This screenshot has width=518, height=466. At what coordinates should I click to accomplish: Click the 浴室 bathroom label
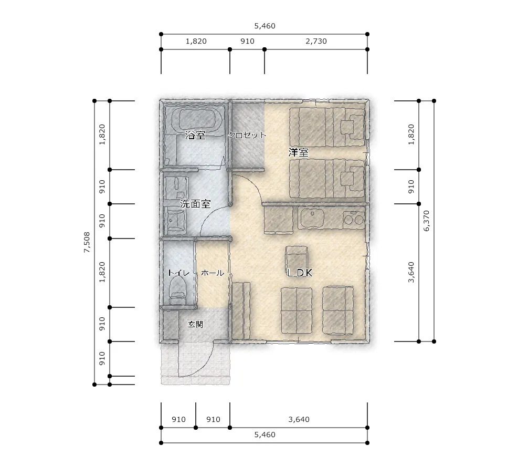click(x=195, y=135)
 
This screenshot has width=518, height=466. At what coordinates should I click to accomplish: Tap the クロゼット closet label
click(x=247, y=135)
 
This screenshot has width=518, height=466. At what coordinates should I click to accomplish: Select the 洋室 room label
click(x=298, y=152)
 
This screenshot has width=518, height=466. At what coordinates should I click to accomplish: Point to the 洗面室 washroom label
click(x=195, y=204)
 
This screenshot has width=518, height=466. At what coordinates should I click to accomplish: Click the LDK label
click(x=300, y=273)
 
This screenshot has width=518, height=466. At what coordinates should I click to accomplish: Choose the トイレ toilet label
click(x=178, y=273)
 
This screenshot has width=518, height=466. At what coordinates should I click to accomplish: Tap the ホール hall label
click(x=213, y=273)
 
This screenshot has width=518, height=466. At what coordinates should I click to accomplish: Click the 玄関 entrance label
click(x=195, y=325)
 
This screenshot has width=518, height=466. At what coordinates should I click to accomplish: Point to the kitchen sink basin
click(x=312, y=218)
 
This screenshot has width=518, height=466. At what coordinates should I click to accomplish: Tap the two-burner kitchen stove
click(x=354, y=218)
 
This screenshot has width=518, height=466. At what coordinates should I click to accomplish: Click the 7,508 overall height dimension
click(x=87, y=242)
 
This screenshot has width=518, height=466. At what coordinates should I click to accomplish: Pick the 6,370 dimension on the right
click(x=427, y=221)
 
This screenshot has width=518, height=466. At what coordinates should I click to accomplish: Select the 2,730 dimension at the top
click(x=316, y=42)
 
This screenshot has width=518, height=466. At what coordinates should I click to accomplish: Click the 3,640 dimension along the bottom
click(x=299, y=419)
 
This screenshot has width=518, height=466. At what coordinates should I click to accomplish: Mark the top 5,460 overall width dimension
click(x=265, y=26)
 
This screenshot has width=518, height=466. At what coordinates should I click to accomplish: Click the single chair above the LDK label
click(x=297, y=257)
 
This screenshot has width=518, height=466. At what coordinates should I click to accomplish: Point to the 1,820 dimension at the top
click(x=196, y=42)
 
